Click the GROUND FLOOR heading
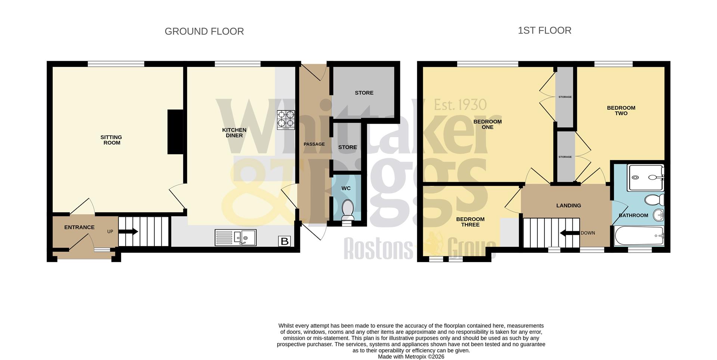tap(204, 31)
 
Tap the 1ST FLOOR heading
tap(544, 30)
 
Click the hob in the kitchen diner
tap(286, 120)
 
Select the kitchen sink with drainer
tap(235, 238)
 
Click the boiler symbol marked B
tap(285, 241)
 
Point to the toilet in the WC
tap(348, 210)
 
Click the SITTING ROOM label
tap(111, 140)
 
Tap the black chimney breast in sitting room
tap(175, 131)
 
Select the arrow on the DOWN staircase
tap(569, 233)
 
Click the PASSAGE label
tap(314, 144)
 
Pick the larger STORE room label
tap(364, 93)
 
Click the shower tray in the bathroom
tap(645, 177)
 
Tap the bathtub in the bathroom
tap(639, 236)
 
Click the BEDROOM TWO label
tap(621, 111)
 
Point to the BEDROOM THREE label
tap(470, 222)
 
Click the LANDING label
tap(568, 205)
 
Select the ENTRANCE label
tap(79, 227)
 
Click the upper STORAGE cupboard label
tap(565, 97)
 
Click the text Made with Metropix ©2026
tap(411, 357)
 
